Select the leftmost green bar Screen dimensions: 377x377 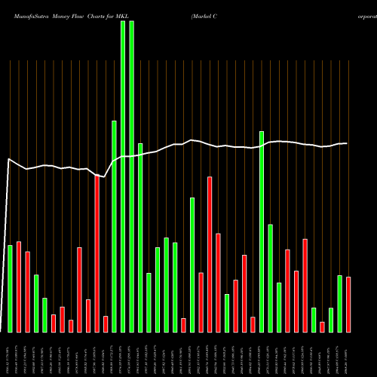[x=10, y=289]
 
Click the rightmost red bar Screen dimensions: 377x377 [x=348, y=305]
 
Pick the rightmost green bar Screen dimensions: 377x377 [x=339, y=304]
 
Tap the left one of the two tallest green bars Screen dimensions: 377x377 [x=123, y=176]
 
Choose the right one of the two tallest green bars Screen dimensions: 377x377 [x=131, y=176]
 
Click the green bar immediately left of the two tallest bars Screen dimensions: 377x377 [x=114, y=226]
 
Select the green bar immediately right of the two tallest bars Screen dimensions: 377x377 [x=140, y=238]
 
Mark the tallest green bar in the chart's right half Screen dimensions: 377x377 [x=262, y=231]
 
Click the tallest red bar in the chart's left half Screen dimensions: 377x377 [x=97, y=254]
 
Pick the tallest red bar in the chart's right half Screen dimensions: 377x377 [x=210, y=255]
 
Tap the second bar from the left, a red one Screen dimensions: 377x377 [x=18, y=287]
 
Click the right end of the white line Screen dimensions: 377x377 [x=347, y=143]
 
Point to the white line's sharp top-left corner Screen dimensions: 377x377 [x=8, y=159]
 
